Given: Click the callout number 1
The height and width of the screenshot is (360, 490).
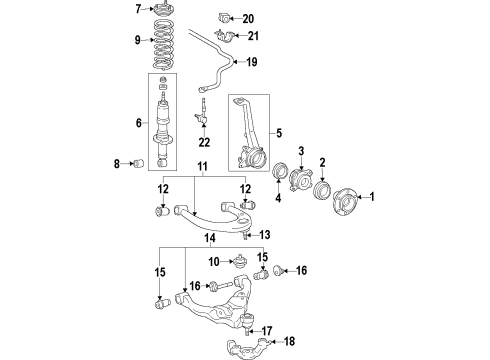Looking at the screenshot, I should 372,196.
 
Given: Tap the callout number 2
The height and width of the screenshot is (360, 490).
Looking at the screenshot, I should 300,151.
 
